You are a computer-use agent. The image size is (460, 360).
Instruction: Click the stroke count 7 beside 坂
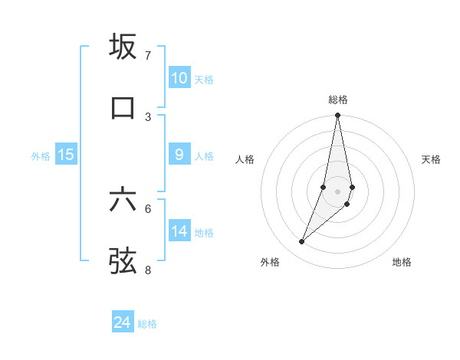(x=148, y=56)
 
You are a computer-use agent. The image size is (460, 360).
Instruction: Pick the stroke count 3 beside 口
(x=148, y=116)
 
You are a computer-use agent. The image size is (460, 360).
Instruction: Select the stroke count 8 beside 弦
(x=148, y=270)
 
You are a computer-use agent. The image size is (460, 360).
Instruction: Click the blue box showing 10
(x=179, y=78)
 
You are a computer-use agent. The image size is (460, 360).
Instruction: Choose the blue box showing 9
(x=179, y=155)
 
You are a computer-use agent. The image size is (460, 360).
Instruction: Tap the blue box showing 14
(x=179, y=231)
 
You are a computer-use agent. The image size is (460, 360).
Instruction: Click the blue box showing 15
(x=66, y=155)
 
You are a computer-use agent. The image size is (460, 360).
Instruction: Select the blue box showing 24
(x=123, y=322)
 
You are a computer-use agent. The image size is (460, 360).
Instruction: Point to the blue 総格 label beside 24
(x=147, y=324)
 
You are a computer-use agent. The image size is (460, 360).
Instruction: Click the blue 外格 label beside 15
(x=41, y=156)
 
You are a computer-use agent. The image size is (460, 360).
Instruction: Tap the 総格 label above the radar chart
(x=338, y=100)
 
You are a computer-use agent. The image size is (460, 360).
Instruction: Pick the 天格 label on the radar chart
(x=432, y=159)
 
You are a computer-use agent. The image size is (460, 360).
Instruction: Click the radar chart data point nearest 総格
(x=337, y=116)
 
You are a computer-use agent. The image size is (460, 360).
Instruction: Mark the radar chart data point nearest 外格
(x=301, y=242)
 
